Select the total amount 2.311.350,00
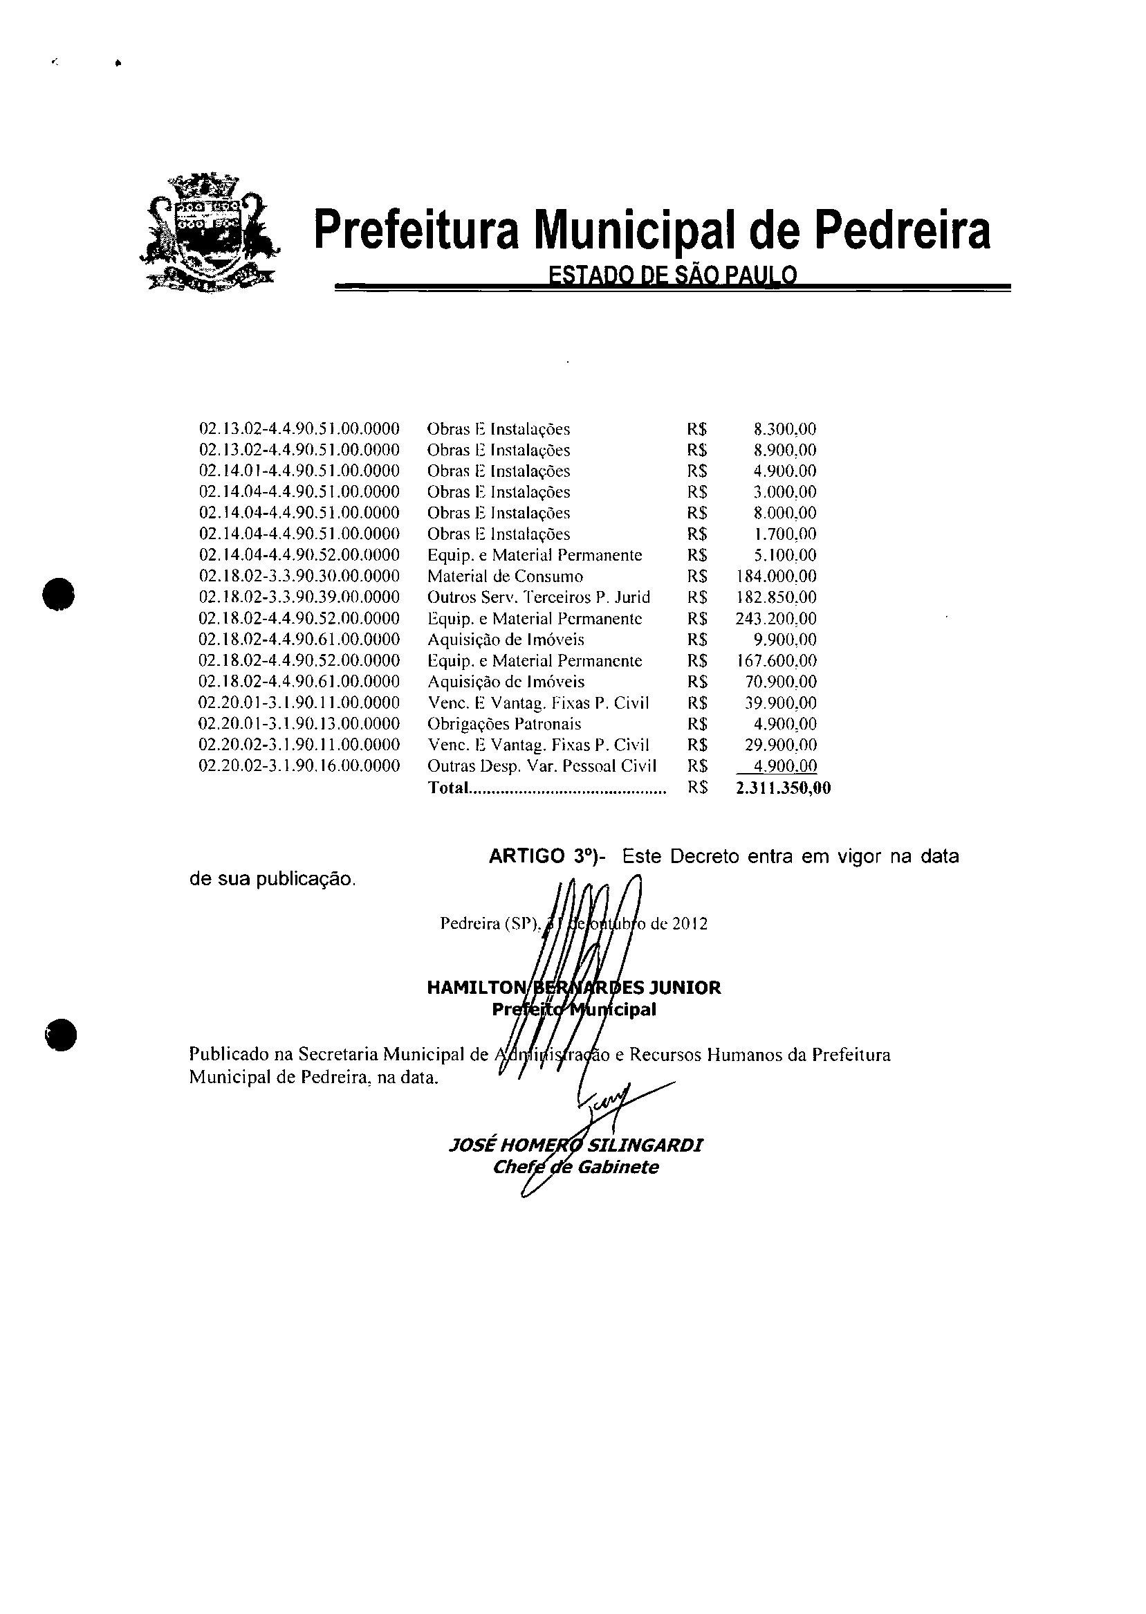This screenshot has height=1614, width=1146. (783, 788)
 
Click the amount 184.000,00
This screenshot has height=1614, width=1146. (776, 576)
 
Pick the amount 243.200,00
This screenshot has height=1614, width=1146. (776, 619)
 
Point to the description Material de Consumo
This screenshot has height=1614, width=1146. (506, 576)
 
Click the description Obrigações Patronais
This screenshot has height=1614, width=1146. (504, 724)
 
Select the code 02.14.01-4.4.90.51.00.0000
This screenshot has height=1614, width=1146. (299, 471)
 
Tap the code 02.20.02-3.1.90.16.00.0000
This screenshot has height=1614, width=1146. (299, 766)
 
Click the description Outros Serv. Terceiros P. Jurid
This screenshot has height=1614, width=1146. (539, 597)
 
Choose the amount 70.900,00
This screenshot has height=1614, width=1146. (781, 682)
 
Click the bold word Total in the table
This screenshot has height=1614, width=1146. (448, 788)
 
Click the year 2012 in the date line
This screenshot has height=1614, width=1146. (690, 923)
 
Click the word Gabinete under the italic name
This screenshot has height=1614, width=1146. (618, 1167)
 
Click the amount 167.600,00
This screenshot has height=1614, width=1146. (776, 661)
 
